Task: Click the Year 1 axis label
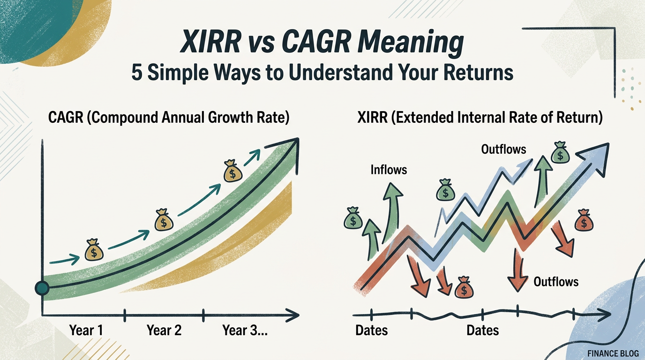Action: pyautogui.click(x=86, y=330)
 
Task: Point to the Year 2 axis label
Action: pyautogui.click(x=164, y=330)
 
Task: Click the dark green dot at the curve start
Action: pyautogui.click(x=42, y=289)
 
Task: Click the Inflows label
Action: pyautogui.click(x=389, y=169)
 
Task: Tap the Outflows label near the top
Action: pyautogui.click(x=503, y=149)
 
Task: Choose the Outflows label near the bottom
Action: pyautogui.click(x=556, y=282)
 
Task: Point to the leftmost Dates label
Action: pyautogui.click(x=371, y=330)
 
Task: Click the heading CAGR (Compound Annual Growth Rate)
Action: pyautogui.click(x=169, y=118)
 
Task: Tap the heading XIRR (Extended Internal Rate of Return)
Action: pyautogui.click(x=479, y=118)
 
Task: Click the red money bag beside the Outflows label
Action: pyautogui.click(x=584, y=221)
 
